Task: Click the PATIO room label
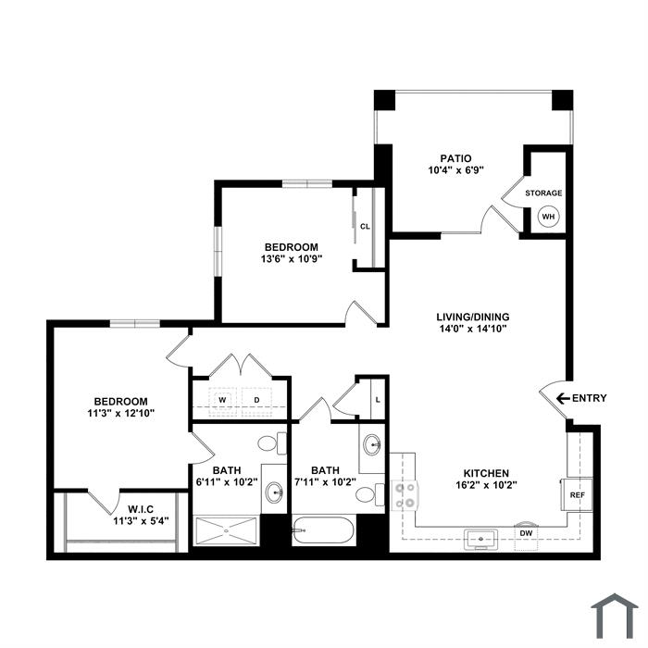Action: pyautogui.click(x=455, y=158)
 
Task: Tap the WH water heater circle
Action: pyautogui.click(x=548, y=217)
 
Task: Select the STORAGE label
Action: pyautogui.click(x=543, y=193)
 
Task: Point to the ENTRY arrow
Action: pyautogui.click(x=563, y=398)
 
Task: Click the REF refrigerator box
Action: pyautogui.click(x=577, y=495)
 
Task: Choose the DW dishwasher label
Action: pyautogui.click(x=526, y=533)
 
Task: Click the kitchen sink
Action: pyautogui.click(x=480, y=540)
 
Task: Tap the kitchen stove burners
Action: pyautogui.click(x=405, y=495)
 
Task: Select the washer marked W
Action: pyautogui.click(x=223, y=400)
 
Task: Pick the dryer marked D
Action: pyautogui.click(x=256, y=400)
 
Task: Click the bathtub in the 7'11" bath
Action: pyautogui.click(x=323, y=530)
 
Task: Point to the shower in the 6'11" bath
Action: pyautogui.click(x=226, y=530)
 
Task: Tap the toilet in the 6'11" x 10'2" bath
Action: pyautogui.click(x=272, y=443)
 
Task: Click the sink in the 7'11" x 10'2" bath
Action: pyautogui.click(x=372, y=445)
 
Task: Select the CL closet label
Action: pyautogui.click(x=365, y=227)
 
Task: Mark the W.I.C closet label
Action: pyautogui.click(x=141, y=509)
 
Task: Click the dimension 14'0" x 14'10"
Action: pyautogui.click(x=473, y=329)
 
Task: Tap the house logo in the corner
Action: pyautogui.click(x=615, y=617)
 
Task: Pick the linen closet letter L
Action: pyautogui.click(x=378, y=400)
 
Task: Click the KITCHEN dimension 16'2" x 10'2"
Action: pyautogui.click(x=486, y=485)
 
